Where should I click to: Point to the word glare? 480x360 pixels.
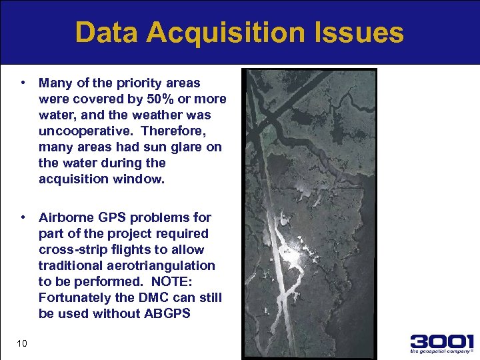point(189,147)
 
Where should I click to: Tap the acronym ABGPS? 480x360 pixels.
point(167,313)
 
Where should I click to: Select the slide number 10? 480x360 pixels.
point(22,343)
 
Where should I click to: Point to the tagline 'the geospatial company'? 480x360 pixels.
point(441,351)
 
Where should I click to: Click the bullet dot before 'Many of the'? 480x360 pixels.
point(23,83)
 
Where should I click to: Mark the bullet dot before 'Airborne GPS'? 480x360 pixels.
point(23,217)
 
